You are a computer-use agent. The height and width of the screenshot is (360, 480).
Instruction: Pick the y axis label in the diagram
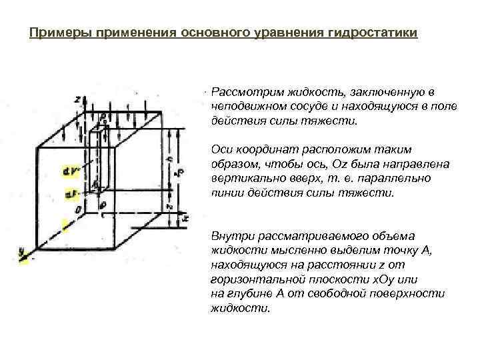point(23,251)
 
